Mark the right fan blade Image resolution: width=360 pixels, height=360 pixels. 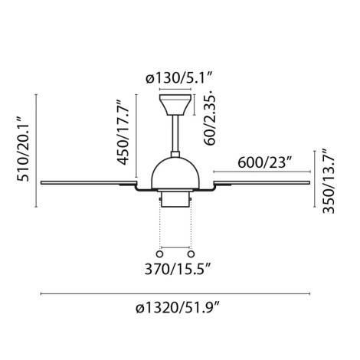coord(264,182)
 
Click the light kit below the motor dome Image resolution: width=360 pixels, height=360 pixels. coord(175,199)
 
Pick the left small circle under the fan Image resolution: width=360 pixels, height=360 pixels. coord(159,253)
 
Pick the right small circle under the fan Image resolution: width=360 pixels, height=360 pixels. coord(191,253)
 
